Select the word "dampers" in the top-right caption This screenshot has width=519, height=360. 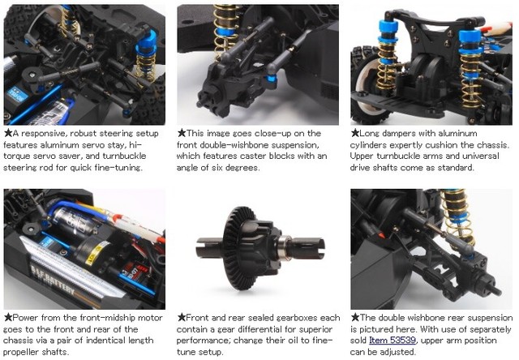(x=393, y=133)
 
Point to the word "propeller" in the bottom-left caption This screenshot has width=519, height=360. (x=31, y=352)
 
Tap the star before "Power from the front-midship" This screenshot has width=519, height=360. (x=8, y=318)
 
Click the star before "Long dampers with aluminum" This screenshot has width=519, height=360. (x=354, y=133)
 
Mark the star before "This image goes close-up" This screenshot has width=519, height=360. (x=181, y=133)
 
